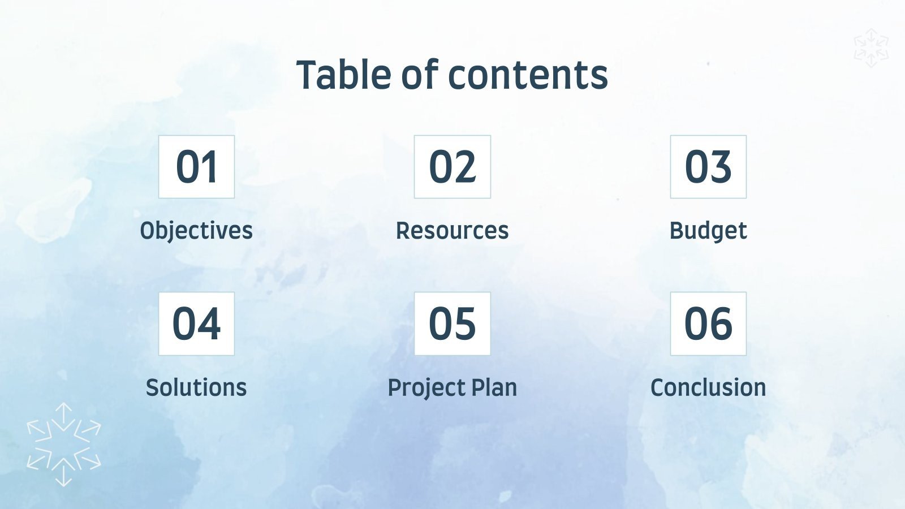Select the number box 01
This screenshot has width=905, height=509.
[196, 167]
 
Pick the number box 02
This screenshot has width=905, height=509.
[453, 167]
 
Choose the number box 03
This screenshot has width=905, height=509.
[708, 167]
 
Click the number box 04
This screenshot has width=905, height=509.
[196, 323]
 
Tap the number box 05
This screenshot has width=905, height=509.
[453, 323]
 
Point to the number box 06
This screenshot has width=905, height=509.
[708, 323]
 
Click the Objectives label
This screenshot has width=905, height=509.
[196, 231]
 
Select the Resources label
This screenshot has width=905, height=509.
[453, 231]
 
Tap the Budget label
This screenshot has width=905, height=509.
[708, 231]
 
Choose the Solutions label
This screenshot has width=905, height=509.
[196, 388]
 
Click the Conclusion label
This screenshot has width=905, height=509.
[708, 388]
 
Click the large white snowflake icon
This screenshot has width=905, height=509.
[64, 445]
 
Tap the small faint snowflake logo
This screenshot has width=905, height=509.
[871, 48]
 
